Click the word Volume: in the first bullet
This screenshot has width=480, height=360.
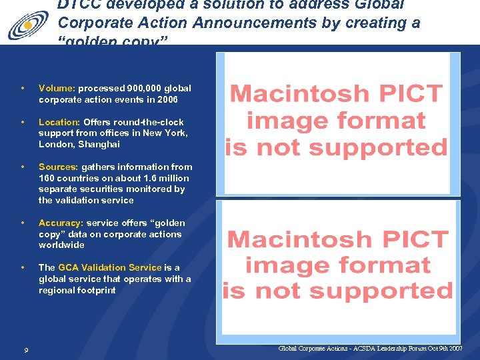click(57, 88)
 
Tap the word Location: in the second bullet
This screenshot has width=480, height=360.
click(59, 122)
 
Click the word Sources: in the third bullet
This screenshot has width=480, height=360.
click(59, 167)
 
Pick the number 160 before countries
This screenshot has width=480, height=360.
click(47, 179)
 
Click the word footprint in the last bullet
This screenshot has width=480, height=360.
click(96, 291)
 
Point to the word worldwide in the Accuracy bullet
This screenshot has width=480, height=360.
click(61, 245)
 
